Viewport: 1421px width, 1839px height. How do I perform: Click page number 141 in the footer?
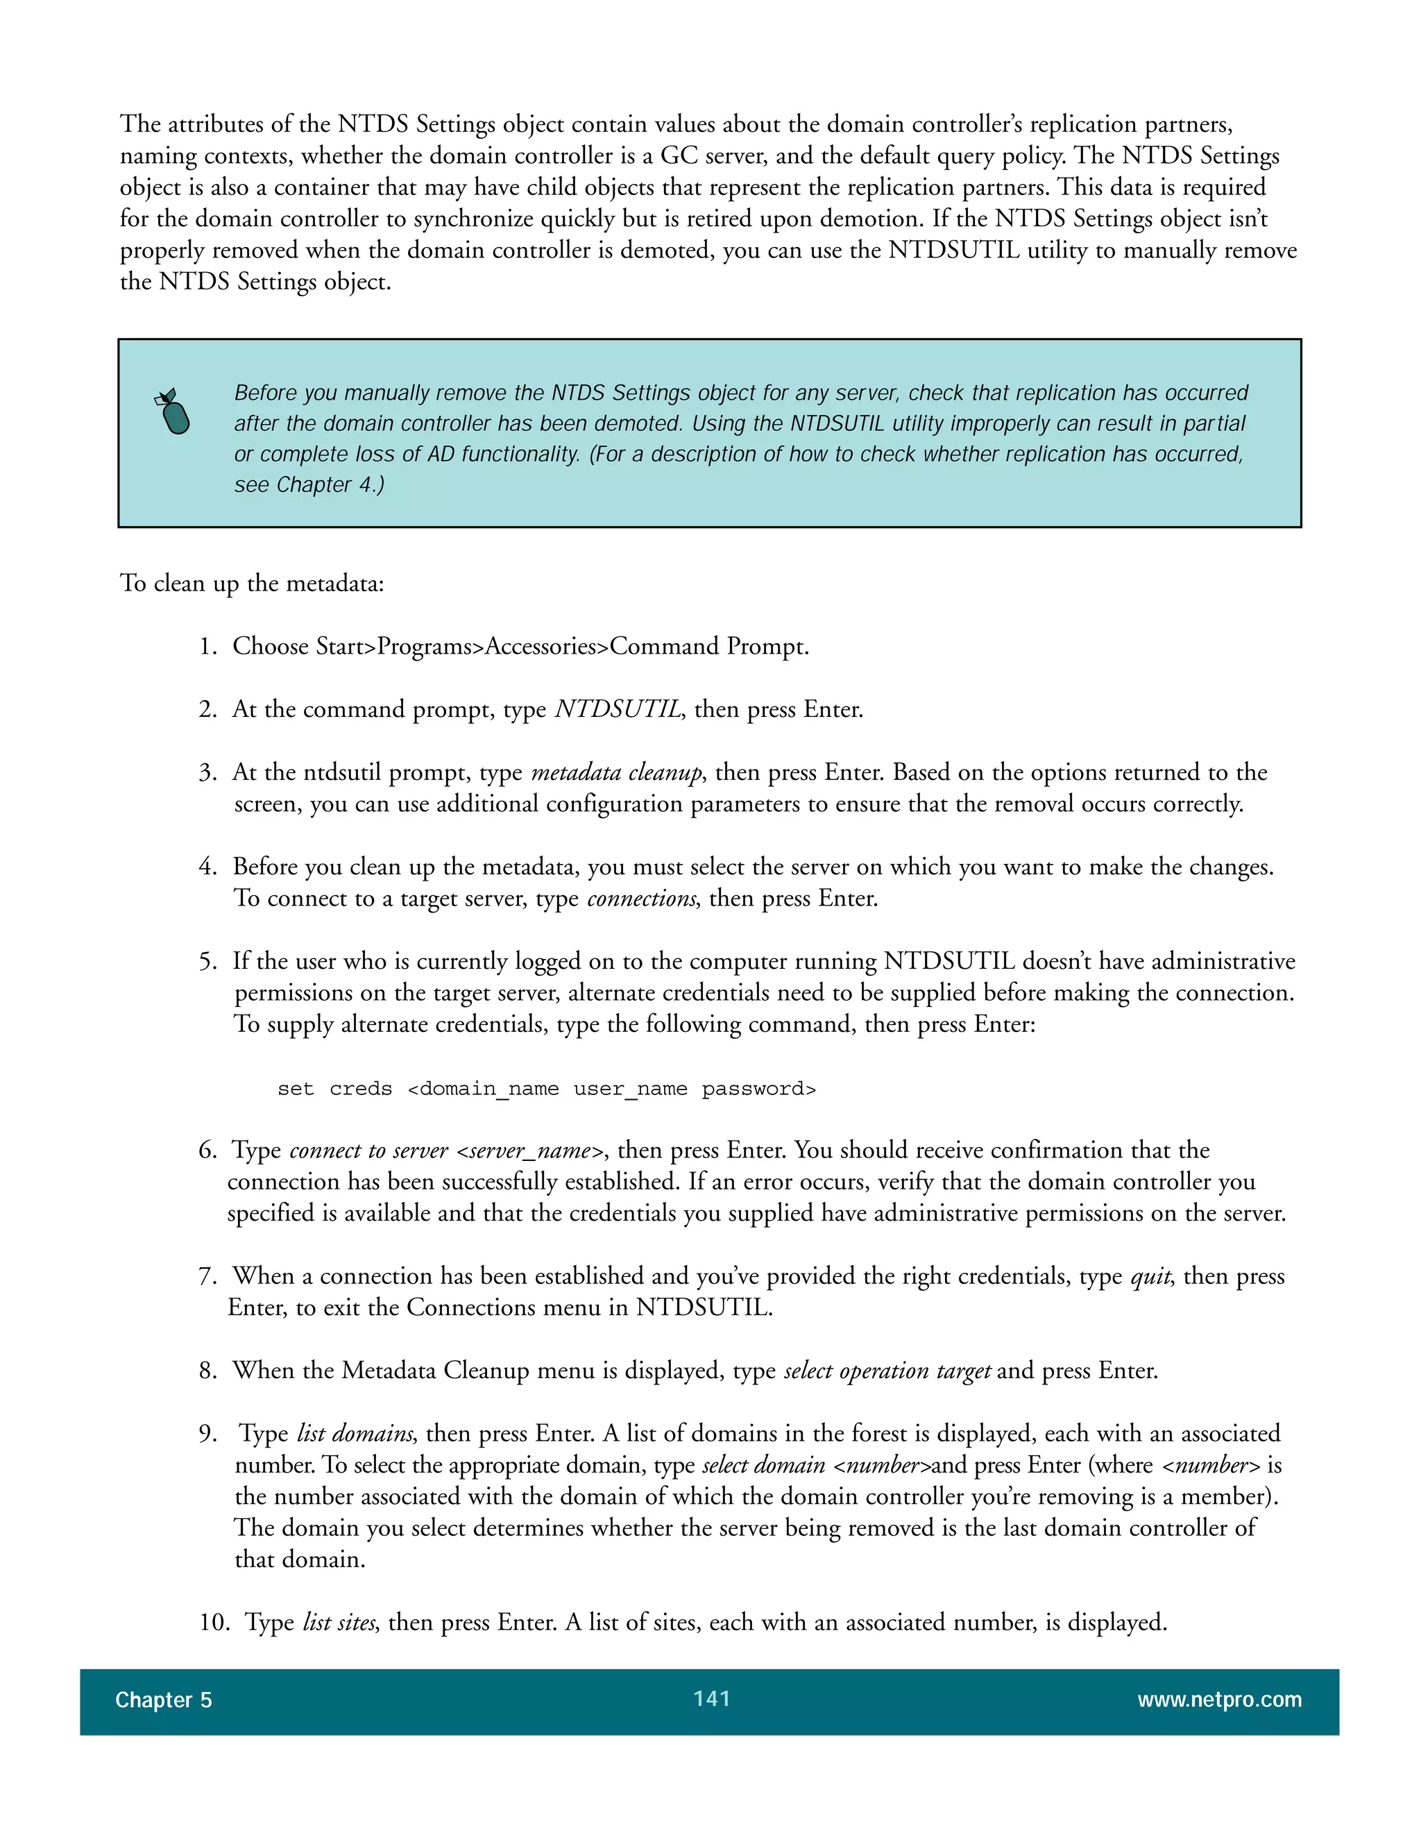click(711, 1698)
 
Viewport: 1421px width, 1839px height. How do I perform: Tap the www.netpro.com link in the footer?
click(1218, 1700)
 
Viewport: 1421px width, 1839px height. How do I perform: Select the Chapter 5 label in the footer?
click(163, 1700)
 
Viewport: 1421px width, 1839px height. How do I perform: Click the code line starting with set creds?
click(546, 1089)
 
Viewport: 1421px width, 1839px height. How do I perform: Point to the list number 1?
click(207, 647)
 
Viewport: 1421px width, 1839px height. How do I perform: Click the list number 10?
click(214, 1622)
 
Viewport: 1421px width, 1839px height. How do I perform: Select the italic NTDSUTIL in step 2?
click(617, 710)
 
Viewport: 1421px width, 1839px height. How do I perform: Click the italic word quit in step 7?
click(1150, 1276)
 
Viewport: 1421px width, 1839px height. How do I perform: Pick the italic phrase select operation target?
click(887, 1371)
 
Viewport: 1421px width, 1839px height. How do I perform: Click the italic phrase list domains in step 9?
click(355, 1434)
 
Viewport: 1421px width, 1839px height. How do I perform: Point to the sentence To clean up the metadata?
click(252, 584)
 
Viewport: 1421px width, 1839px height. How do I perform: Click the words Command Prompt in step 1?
click(709, 647)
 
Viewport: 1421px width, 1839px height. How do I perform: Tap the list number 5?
click(207, 962)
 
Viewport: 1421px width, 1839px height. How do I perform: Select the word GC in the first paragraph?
click(679, 155)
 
